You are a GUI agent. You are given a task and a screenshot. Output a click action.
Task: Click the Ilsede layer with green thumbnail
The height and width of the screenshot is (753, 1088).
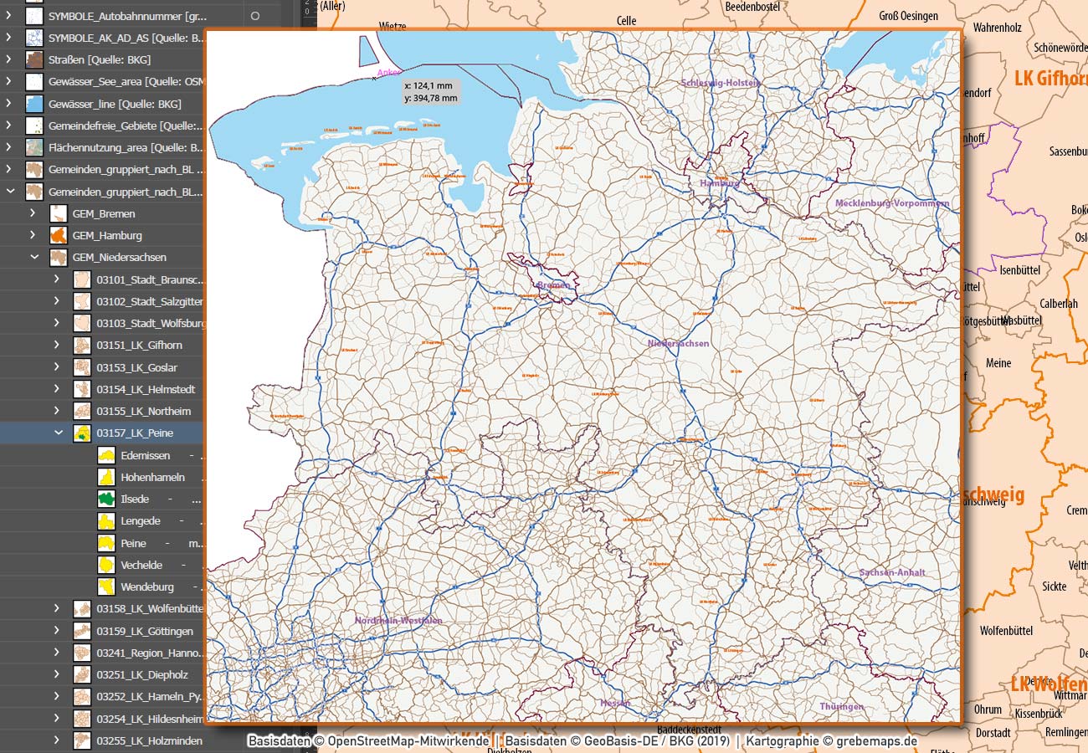[134, 499]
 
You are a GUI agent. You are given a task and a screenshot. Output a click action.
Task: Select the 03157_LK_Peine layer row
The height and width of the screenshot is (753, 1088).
[134, 433]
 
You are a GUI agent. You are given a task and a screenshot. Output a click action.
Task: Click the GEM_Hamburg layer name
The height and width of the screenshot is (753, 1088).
[107, 236]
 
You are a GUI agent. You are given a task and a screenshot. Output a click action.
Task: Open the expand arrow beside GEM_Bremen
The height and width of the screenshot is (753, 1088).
[33, 213]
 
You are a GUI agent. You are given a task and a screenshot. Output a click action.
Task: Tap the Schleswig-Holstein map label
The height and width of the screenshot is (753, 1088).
[720, 83]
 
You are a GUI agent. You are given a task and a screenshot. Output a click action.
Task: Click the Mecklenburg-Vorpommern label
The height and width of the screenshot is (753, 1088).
[891, 203]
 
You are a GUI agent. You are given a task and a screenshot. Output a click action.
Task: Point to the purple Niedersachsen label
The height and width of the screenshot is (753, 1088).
[678, 343]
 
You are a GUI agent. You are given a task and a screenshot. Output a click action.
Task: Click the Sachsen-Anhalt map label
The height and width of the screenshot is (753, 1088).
[891, 572]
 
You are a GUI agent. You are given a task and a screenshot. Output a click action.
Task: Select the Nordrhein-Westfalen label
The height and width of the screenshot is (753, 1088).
[398, 621]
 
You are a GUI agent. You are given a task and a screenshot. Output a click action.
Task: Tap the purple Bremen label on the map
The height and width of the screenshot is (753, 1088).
[553, 285]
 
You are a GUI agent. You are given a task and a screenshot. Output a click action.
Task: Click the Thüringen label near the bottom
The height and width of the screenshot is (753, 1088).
[841, 707]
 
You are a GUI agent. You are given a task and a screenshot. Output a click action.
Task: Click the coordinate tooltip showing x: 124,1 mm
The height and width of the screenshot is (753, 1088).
[430, 92]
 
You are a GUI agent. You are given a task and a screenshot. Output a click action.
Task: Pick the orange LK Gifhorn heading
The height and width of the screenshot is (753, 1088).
[1050, 79]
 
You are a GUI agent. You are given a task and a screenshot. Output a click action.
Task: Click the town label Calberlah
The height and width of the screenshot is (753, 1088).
[1058, 304]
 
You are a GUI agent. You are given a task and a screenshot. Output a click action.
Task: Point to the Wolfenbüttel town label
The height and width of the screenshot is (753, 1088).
[1006, 631]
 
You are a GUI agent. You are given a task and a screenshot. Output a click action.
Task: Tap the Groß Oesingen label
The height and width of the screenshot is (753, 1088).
[908, 16]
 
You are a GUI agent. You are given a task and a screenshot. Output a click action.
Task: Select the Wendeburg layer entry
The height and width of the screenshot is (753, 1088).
[146, 587]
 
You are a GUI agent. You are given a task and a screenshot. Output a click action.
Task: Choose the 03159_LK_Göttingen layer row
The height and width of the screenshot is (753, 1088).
[144, 632]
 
